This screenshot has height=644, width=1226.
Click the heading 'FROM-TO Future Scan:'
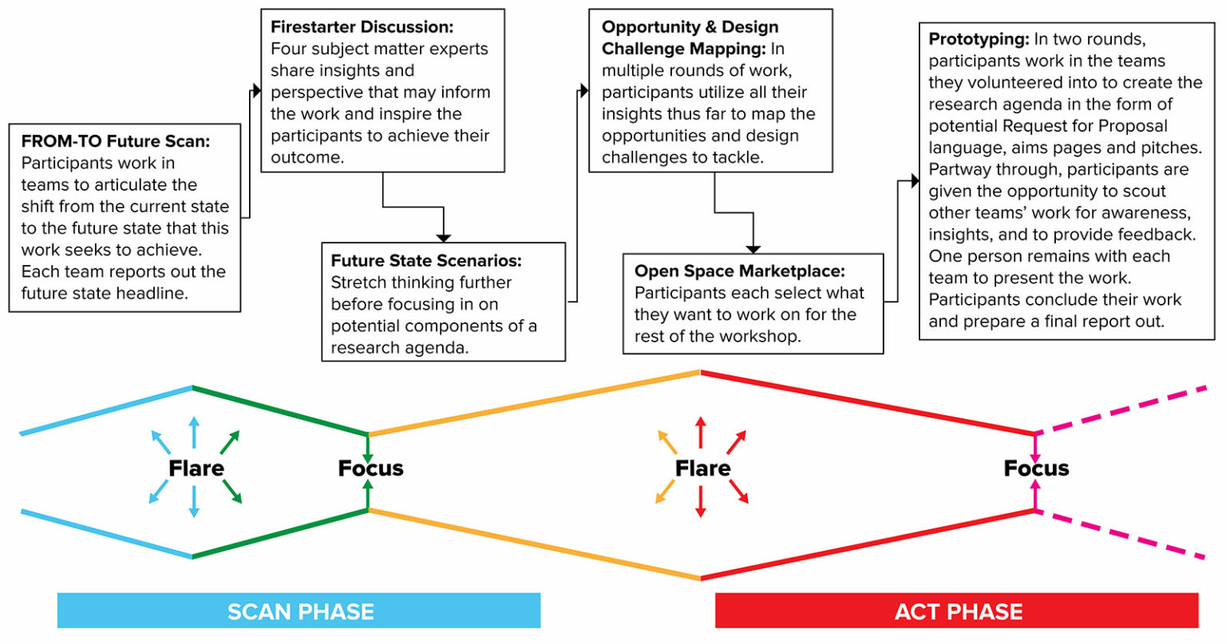click(x=116, y=141)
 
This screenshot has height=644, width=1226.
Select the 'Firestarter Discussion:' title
click(x=362, y=27)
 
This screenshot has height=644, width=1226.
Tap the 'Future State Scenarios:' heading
click(x=426, y=261)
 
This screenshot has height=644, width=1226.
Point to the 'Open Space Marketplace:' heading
click(x=739, y=271)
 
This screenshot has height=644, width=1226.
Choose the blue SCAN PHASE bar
click(x=299, y=611)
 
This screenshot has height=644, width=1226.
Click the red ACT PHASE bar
click(x=957, y=611)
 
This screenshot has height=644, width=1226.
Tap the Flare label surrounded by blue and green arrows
click(x=196, y=468)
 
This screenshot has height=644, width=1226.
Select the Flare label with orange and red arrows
click(x=702, y=468)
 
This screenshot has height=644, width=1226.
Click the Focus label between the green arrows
click(x=370, y=468)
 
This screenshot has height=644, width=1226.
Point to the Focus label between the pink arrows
click(x=1036, y=468)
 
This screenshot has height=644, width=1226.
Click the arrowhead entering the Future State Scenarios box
click(x=444, y=237)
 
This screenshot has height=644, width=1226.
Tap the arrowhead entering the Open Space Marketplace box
click(x=753, y=249)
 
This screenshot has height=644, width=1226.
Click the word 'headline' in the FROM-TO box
click(x=152, y=293)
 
